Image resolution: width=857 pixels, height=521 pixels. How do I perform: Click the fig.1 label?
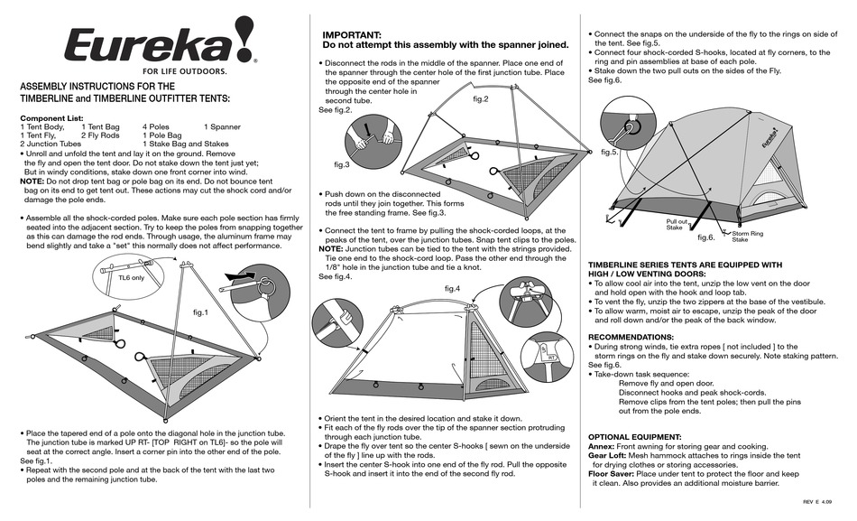coord(200,312)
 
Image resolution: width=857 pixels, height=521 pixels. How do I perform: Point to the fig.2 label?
coord(480,98)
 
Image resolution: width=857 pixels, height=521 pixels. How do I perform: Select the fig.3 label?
coord(342,165)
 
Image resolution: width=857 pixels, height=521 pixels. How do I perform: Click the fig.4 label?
coord(452,288)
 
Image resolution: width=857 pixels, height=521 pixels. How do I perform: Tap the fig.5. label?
coord(610,152)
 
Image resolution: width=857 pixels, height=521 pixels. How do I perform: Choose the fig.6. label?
coord(705,237)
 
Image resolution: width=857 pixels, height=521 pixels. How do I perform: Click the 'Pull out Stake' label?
coord(677,224)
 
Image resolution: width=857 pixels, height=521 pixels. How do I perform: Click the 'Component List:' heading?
coord(51,118)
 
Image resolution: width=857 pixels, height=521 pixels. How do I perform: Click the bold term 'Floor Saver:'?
coord(614,473)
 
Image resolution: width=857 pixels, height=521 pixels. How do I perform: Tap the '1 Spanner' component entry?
coord(222,127)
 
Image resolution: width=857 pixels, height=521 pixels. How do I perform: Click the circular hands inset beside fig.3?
coord(371,138)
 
